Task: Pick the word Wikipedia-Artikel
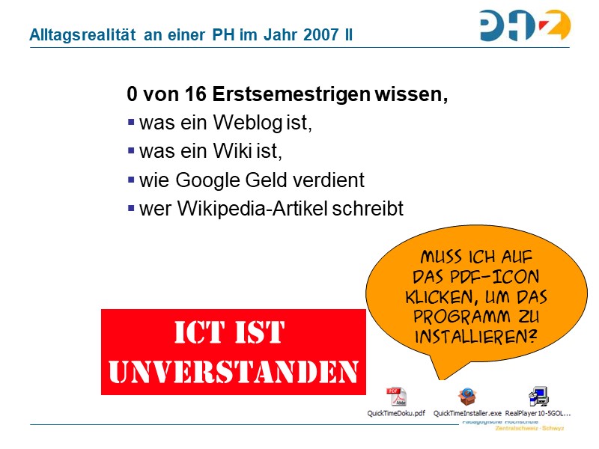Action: click(251, 209)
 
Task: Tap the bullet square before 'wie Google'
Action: click(132, 179)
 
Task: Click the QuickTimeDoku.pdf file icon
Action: click(396, 397)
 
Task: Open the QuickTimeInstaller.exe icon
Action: click(468, 397)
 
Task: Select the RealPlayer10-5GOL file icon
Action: click(538, 397)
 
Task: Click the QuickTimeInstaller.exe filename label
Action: click(468, 413)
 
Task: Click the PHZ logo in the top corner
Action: click(525, 25)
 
